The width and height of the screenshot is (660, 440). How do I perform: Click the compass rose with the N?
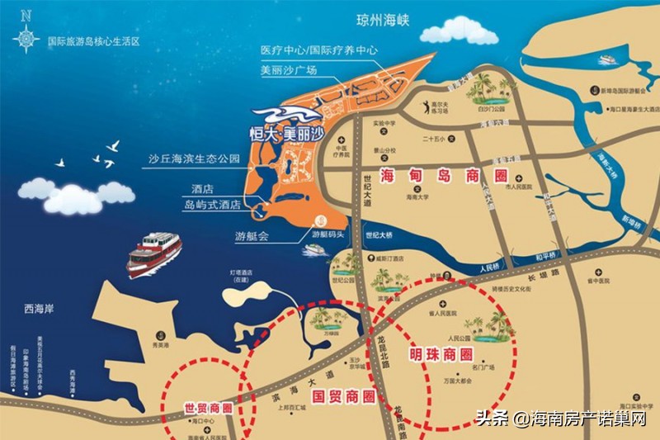coord(26,32)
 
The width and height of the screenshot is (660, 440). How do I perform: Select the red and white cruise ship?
coord(154,252)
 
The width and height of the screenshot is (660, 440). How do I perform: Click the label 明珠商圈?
coord(442,355)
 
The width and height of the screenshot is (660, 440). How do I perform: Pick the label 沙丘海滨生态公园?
coord(194,157)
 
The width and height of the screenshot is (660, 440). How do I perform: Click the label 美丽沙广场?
coord(288,70)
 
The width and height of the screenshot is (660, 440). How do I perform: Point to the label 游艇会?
coord(252,235)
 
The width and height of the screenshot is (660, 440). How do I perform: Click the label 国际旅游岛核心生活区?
coord(93,40)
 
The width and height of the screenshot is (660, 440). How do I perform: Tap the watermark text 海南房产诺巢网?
coord(587,419)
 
